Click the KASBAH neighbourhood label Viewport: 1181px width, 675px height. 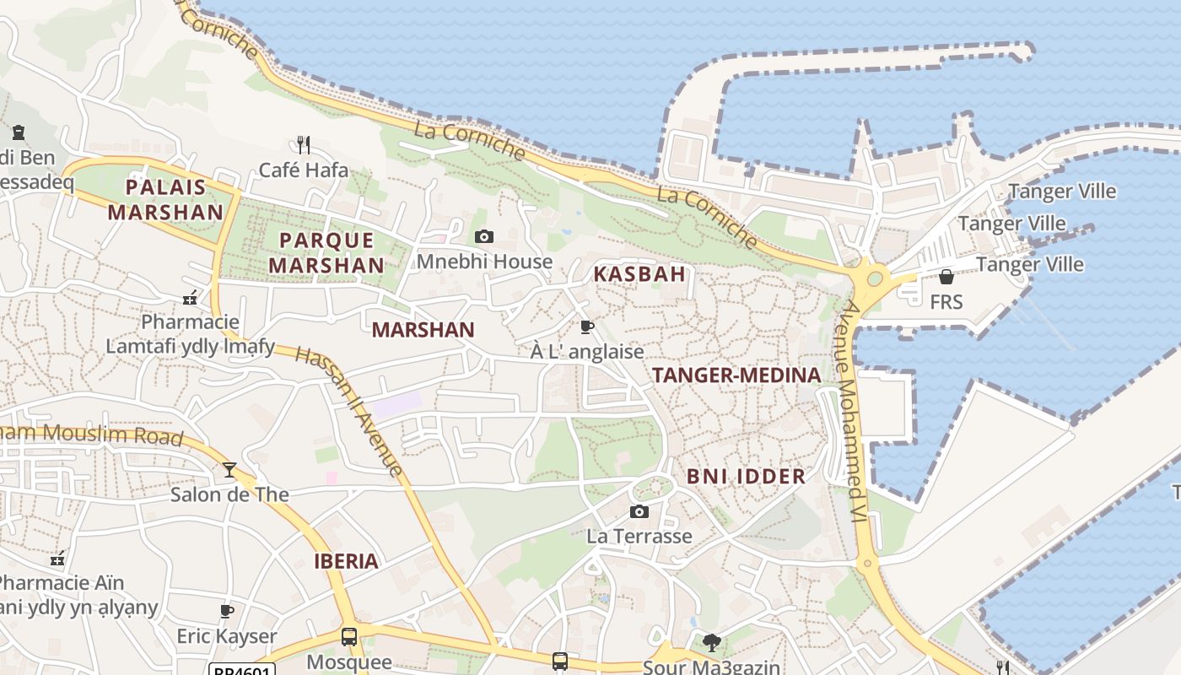click(x=639, y=274)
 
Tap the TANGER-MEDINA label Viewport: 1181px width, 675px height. click(x=736, y=375)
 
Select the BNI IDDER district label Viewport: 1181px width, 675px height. click(x=746, y=477)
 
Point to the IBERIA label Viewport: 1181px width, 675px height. click(x=346, y=561)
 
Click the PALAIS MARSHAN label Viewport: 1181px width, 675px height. click(x=165, y=199)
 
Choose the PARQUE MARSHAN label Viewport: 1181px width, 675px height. click(x=326, y=252)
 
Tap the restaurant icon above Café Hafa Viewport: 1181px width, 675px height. click(x=304, y=145)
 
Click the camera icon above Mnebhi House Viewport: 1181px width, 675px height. click(x=484, y=236)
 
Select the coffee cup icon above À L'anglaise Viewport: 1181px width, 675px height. click(x=587, y=327)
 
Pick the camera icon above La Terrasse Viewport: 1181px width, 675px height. click(x=639, y=511)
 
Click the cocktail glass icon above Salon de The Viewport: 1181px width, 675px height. click(x=229, y=470)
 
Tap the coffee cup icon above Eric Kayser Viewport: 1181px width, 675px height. click(x=226, y=611)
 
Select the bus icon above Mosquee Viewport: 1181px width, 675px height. click(x=349, y=637)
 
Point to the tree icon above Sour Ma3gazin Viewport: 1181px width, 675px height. click(x=711, y=643)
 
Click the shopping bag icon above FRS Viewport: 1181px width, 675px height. click(x=946, y=277)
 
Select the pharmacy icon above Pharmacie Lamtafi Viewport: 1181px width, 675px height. click(x=191, y=297)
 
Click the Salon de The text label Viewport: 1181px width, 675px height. click(x=229, y=494)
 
